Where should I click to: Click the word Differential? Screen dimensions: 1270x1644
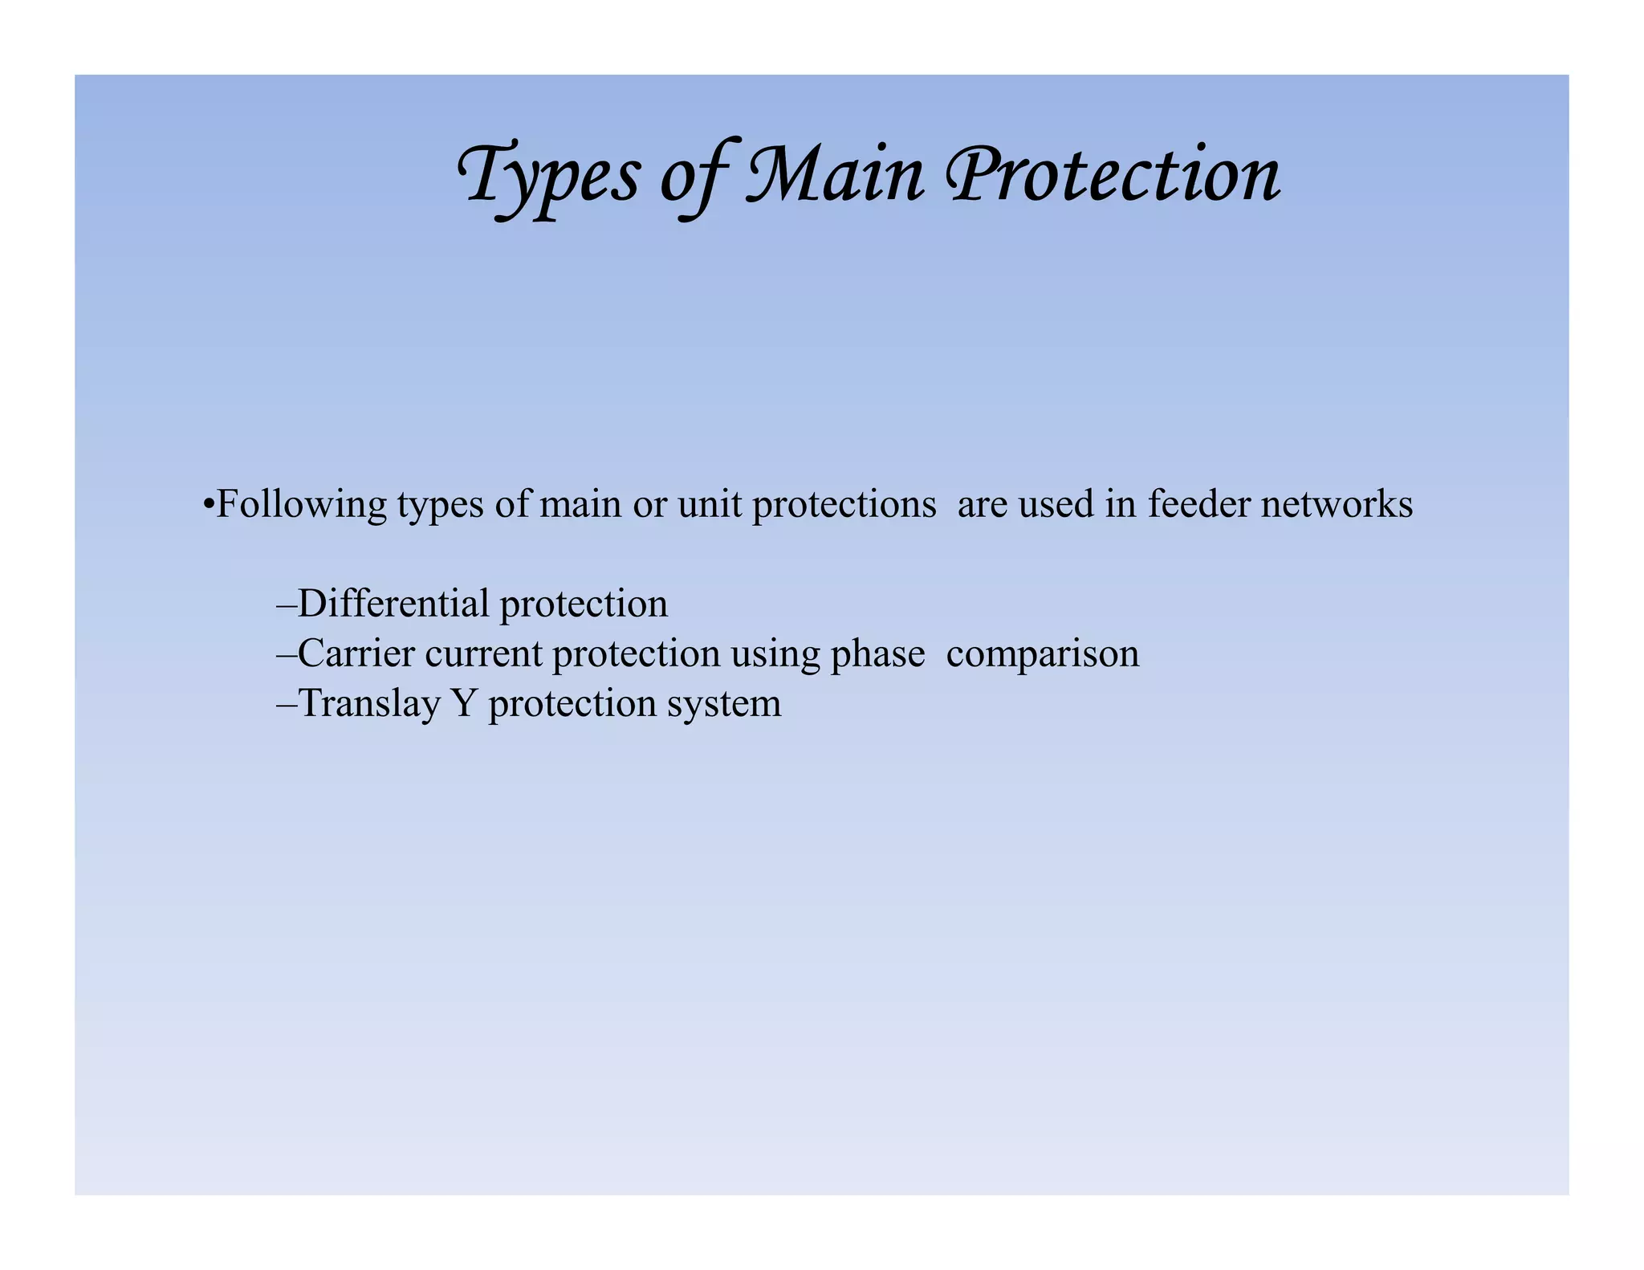coord(393,604)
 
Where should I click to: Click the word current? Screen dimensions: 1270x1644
coord(484,653)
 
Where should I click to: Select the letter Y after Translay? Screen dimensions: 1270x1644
coord(464,703)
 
